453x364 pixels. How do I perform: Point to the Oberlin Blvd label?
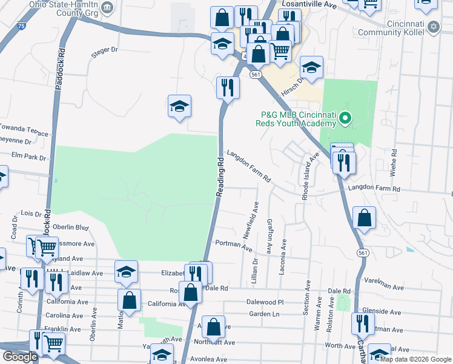pos(71,227)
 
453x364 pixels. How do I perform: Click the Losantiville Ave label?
pos(307,4)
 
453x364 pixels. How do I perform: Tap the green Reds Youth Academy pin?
pos(345,118)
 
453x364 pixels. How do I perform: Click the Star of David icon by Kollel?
pos(433,26)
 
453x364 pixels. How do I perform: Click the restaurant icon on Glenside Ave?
pos(362,323)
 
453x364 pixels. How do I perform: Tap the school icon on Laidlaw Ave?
pos(126,272)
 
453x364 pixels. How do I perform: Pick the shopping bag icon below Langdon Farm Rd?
pos(364,218)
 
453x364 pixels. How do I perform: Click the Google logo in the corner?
pos(19,357)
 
